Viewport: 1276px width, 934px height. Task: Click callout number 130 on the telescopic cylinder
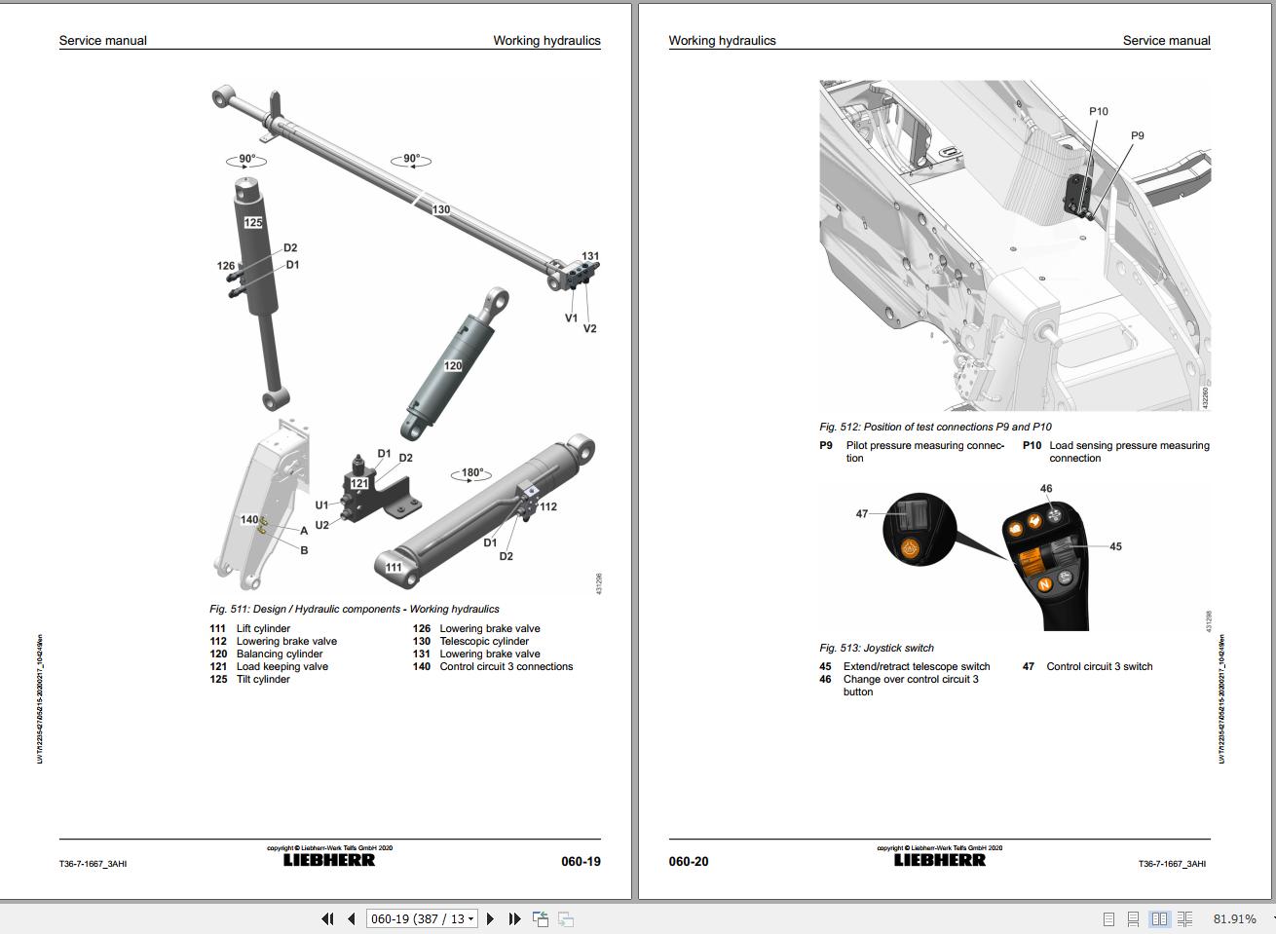pyautogui.click(x=441, y=209)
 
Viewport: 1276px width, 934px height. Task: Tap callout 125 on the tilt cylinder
pyautogui.click(x=253, y=223)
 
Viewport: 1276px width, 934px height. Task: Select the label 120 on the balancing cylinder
pyautogui.click(x=453, y=366)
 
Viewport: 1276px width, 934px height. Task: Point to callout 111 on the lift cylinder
pyautogui.click(x=394, y=568)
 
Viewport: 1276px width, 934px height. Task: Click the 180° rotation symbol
pyautogui.click(x=472, y=473)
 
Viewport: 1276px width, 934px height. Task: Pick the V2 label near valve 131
pyautogui.click(x=589, y=329)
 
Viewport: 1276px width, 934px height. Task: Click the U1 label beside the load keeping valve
pyautogui.click(x=321, y=505)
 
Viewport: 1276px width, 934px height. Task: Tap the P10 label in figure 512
pyautogui.click(x=1098, y=112)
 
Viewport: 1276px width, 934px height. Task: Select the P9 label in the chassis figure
pyautogui.click(x=1137, y=136)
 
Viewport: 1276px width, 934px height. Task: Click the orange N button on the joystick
pyautogui.click(x=1044, y=584)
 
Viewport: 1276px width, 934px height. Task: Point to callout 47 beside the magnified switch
pyautogui.click(x=861, y=514)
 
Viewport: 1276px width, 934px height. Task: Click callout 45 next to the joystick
pyautogui.click(x=1115, y=547)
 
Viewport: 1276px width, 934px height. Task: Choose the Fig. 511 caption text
pyautogui.click(x=355, y=610)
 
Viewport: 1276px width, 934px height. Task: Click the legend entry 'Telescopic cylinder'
pyautogui.click(x=484, y=642)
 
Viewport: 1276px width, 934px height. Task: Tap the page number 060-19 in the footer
pyautogui.click(x=581, y=862)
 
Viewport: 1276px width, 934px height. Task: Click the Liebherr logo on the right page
pyautogui.click(x=939, y=860)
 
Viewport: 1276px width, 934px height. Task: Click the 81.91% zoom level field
pyautogui.click(x=1234, y=918)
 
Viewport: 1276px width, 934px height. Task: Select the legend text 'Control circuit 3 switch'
pyautogui.click(x=1099, y=667)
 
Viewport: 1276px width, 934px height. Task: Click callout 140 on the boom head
pyautogui.click(x=249, y=520)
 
